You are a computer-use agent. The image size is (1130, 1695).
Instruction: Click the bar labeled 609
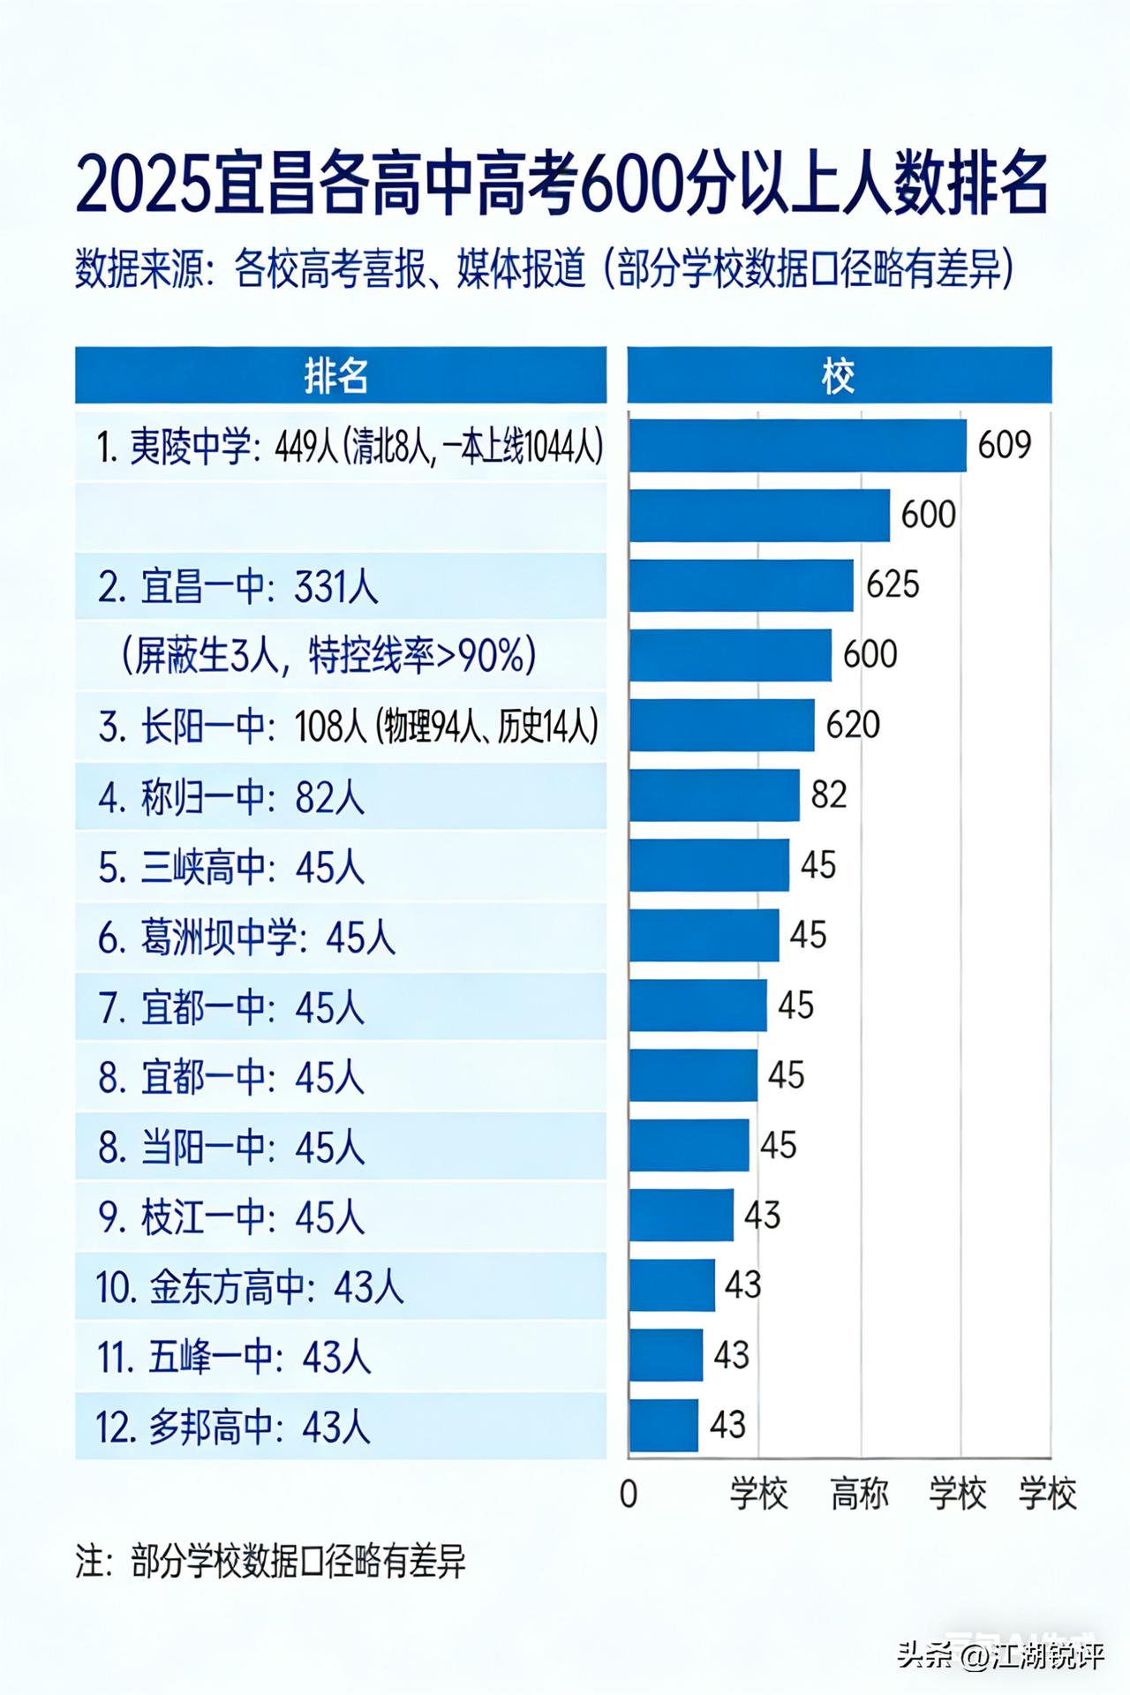click(x=797, y=446)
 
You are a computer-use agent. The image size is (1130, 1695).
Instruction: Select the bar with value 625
click(x=741, y=585)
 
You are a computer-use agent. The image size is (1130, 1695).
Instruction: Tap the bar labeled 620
click(x=721, y=725)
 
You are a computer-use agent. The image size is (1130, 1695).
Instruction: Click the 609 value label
click(x=1005, y=445)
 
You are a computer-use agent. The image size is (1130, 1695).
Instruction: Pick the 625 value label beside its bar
click(x=893, y=584)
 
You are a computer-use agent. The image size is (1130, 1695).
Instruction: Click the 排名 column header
click(x=340, y=376)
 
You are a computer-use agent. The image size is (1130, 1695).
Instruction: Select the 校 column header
click(x=839, y=376)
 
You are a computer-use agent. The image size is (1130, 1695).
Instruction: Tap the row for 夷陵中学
click(x=350, y=448)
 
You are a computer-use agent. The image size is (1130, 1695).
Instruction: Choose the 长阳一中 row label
click(x=348, y=727)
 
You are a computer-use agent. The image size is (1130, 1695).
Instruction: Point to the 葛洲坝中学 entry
click(x=246, y=937)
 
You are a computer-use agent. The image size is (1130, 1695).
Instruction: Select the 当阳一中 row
click(x=231, y=1147)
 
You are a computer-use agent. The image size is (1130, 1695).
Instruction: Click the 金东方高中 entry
click(x=250, y=1287)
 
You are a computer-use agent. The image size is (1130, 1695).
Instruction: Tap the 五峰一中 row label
click(x=234, y=1357)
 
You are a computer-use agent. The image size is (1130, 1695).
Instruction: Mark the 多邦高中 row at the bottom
click(x=234, y=1427)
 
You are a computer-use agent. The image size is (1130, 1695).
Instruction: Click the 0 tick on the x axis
click(x=629, y=1494)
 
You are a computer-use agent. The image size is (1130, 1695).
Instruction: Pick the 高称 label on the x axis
click(x=860, y=1494)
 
